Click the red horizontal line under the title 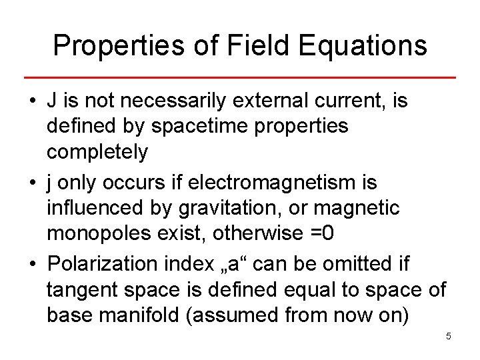240,78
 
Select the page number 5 449,336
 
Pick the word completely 97,152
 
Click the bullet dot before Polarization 32,263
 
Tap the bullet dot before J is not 32,102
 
